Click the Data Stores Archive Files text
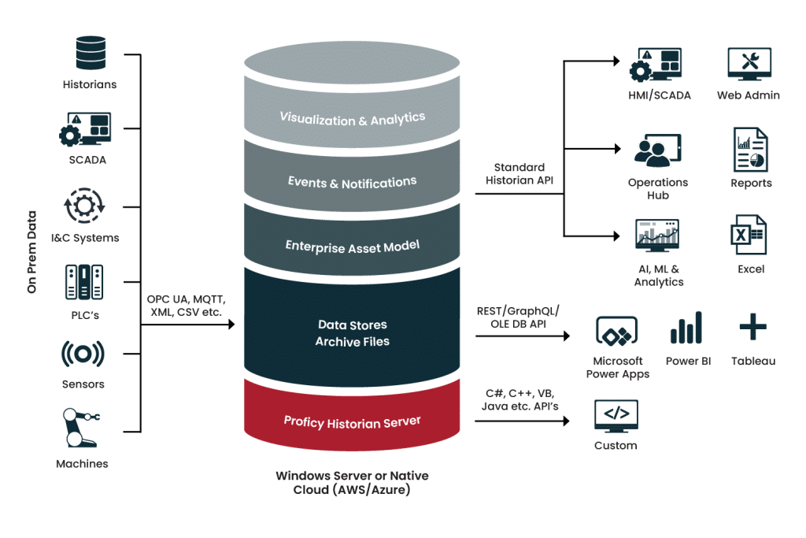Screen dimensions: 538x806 (x=352, y=332)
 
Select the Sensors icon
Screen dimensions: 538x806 (x=83, y=354)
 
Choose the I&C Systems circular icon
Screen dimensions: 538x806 (x=83, y=206)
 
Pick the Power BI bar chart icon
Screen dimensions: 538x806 (x=686, y=328)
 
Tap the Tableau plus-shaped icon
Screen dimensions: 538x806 (x=752, y=327)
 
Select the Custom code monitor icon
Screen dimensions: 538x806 (x=616, y=415)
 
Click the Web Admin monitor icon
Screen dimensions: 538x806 (x=748, y=65)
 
